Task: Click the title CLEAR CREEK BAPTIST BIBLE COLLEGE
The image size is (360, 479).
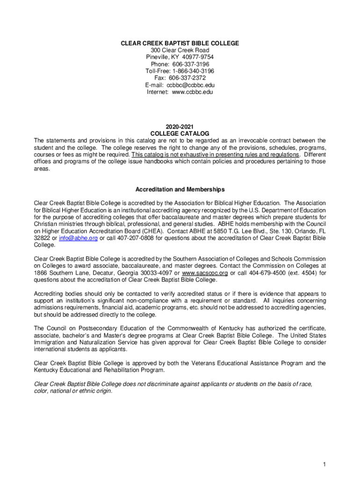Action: (180, 44)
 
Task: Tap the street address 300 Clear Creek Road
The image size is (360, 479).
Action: (180, 51)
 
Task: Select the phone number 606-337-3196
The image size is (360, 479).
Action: (189, 65)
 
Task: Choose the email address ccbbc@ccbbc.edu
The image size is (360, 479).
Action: (191, 85)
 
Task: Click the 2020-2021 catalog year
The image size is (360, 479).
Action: (180, 127)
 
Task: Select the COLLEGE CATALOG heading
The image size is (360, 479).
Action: (180, 134)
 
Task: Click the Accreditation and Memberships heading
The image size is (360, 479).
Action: (180, 189)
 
